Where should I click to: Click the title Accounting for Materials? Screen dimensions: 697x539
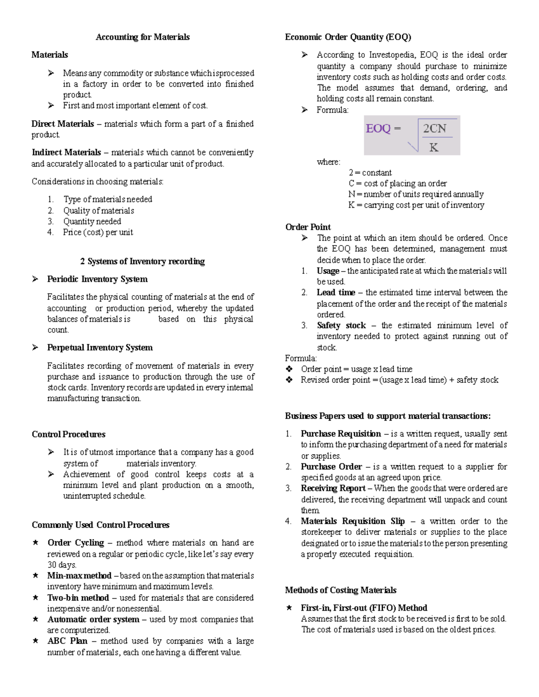142,37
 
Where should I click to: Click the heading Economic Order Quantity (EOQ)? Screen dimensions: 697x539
348,37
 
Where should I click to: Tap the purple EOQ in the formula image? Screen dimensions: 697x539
378,129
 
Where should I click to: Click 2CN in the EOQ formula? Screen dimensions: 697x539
434,129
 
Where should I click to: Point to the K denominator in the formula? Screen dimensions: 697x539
433,147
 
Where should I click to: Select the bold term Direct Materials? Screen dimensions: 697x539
63,124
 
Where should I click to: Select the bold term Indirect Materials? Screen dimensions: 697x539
66,153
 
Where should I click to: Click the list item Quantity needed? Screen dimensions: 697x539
92,221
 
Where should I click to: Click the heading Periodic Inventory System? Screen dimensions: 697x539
97,279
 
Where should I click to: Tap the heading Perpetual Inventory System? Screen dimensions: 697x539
100,347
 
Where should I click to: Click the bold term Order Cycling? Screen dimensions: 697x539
75,543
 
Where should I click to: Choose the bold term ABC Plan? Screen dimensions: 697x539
67,641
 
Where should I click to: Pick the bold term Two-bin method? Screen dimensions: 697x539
78,598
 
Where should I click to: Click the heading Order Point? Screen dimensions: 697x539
308,227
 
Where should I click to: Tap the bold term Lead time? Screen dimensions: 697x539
336,293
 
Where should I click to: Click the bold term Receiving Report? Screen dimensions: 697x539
333,488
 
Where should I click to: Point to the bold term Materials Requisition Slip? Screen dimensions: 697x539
353,521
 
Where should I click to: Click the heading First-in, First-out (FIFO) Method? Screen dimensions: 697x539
364,608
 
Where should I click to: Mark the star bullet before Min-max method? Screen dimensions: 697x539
35,575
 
